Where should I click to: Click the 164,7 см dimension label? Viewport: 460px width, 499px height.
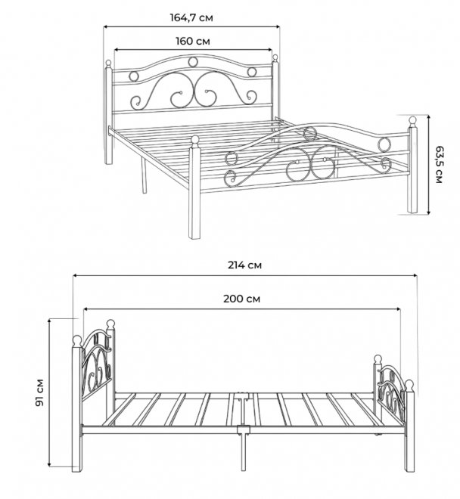(x=191, y=18)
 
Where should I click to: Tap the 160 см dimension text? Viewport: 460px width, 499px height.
(x=193, y=42)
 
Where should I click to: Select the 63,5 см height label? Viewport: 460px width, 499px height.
(x=439, y=165)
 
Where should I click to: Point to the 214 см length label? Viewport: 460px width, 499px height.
(x=244, y=265)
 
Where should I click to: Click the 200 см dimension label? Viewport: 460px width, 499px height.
(x=241, y=299)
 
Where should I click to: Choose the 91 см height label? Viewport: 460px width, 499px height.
(x=39, y=392)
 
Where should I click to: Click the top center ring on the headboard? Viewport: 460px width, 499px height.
(x=192, y=62)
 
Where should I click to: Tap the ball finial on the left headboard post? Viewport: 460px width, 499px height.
(x=109, y=63)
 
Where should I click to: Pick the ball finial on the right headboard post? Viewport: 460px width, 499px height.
(x=275, y=57)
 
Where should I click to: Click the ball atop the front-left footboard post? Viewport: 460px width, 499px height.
(x=195, y=139)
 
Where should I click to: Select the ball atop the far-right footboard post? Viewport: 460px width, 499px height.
(x=412, y=121)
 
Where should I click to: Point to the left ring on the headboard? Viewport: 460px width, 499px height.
(x=134, y=76)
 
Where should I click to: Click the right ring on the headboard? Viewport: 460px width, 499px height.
(x=252, y=72)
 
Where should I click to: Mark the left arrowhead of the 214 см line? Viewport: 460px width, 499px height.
(x=75, y=276)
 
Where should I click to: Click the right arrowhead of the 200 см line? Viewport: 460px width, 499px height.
(x=398, y=309)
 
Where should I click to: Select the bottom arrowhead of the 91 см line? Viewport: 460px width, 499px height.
(x=50, y=464)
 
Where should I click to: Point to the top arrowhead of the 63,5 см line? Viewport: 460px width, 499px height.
(x=429, y=118)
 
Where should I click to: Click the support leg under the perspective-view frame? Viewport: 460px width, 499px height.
(x=144, y=176)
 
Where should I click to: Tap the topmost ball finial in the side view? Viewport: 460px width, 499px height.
(x=110, y=324)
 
